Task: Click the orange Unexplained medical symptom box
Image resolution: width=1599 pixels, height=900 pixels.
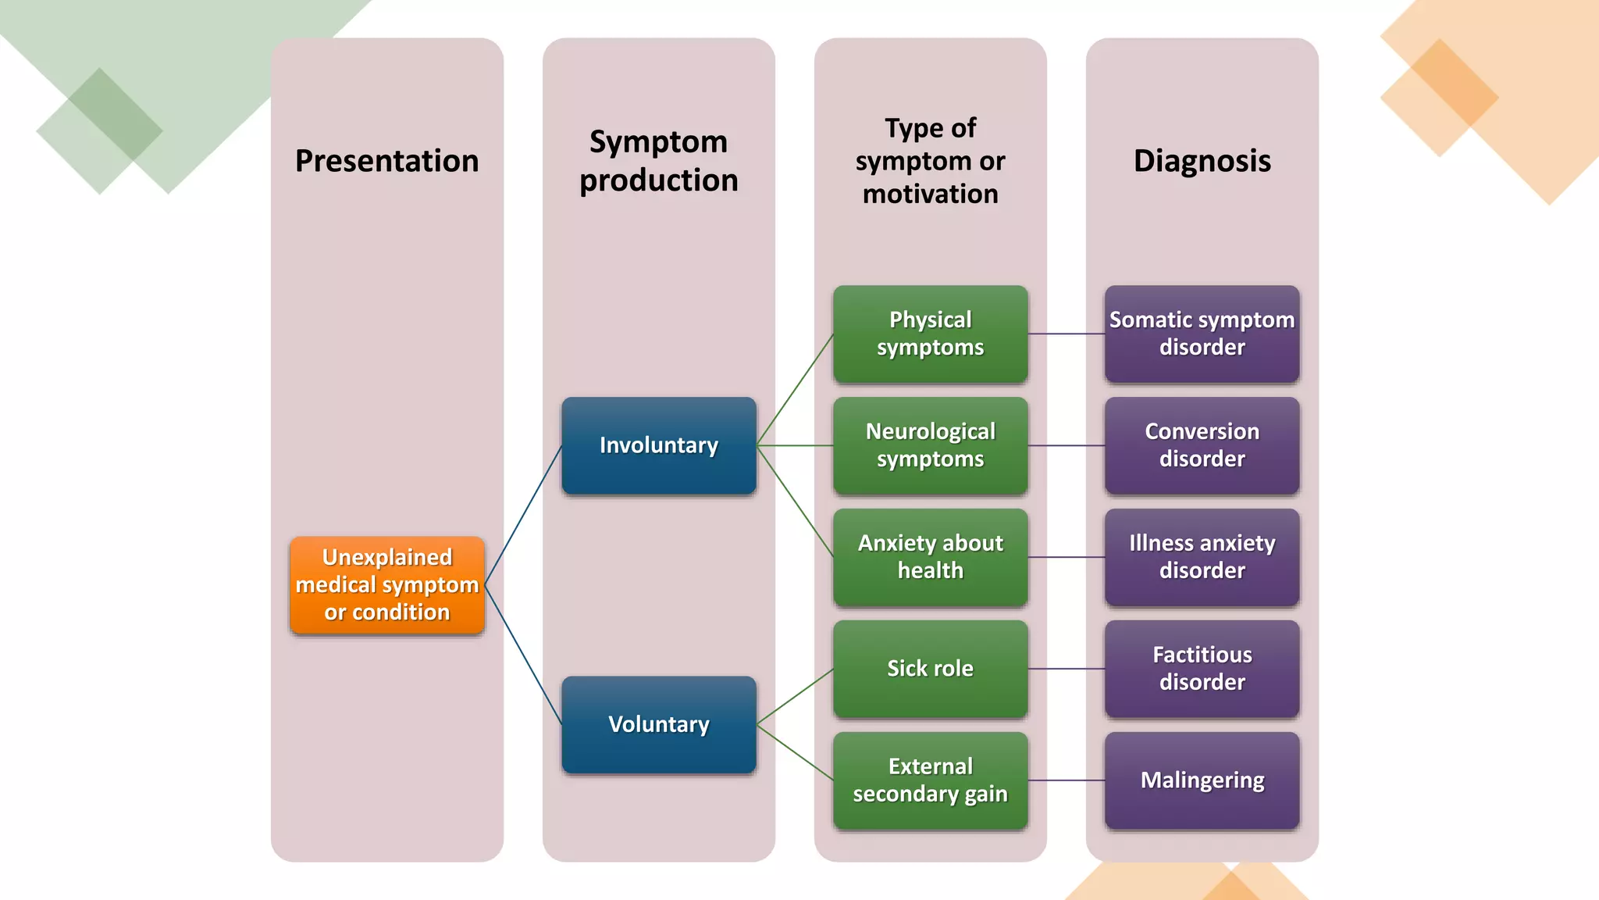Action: pos(386,584)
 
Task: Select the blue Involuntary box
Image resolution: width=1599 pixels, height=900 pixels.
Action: pos(658,445)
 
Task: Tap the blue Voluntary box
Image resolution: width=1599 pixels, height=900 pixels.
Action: pos(658,724)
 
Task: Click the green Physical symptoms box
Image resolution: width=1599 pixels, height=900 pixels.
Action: pos(930,334)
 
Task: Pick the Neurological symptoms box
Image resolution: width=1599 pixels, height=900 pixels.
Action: pos(930,445)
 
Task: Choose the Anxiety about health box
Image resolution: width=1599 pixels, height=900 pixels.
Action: pos(930,557)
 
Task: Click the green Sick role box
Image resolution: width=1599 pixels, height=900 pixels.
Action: pos(930,669)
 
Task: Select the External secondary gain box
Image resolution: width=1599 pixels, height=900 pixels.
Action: pos(930,780)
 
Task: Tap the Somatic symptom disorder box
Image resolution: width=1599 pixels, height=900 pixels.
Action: pos(1202,334)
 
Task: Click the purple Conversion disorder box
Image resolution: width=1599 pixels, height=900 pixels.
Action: pos(1202,445)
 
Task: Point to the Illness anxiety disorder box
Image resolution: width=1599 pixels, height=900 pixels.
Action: pos(1202,557)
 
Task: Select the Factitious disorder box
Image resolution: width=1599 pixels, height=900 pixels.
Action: pos(1202,669)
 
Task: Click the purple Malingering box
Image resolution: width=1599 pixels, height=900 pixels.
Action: pos(1202,780)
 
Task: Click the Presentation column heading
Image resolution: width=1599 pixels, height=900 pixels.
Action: pos(386,161)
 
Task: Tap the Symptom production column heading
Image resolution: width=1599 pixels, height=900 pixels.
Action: pos(658,161)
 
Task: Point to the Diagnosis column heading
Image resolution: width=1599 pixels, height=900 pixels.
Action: pos(1202,161)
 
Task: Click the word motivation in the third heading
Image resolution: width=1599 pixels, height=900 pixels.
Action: pos(930,194)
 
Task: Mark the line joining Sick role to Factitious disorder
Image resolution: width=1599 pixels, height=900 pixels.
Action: pos(1067,669)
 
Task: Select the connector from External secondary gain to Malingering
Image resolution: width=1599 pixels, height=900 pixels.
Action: pos(1067,780)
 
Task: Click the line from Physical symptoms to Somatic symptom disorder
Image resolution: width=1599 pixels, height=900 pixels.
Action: pos(1067,334)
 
